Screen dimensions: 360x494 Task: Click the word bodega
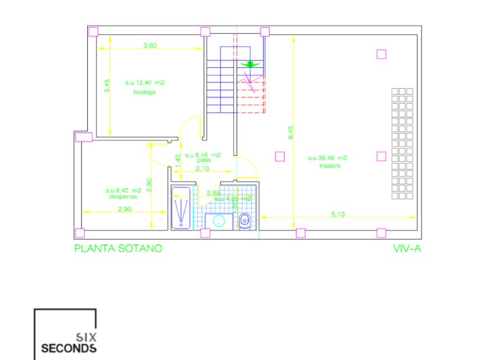145,92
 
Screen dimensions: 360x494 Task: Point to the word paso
203,160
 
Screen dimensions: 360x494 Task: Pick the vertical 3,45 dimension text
107,86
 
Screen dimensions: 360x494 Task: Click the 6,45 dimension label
291,133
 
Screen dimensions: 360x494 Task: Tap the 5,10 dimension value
338,214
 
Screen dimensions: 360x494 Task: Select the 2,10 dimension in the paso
202,168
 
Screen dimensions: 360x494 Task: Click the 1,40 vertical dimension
178,159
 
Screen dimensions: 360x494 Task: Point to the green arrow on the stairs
250,64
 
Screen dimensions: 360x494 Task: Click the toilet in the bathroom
245,219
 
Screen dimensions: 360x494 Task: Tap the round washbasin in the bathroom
219,221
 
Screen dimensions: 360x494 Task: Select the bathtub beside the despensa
181,207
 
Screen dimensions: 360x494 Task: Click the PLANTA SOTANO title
117,248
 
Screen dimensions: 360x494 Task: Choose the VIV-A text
407,248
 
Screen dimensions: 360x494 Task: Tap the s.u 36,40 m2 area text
328,158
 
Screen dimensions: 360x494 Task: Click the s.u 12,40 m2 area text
145,83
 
